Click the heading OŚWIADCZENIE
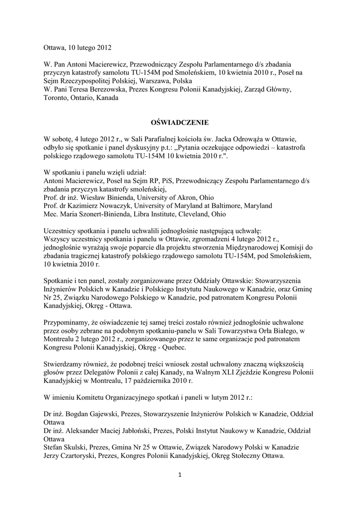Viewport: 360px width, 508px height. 180,122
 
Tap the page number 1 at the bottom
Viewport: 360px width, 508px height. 180,475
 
